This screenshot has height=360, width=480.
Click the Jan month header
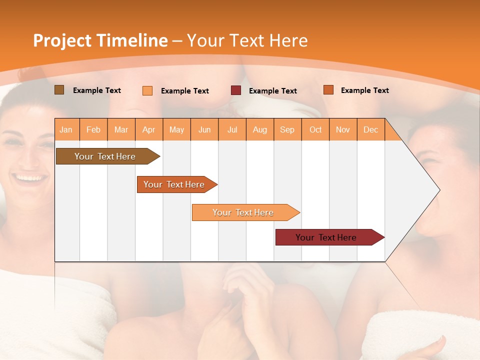point(66,130)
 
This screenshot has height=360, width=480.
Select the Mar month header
point(121,130)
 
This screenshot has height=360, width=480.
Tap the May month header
point(176,130)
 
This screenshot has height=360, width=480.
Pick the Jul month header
point(232,130)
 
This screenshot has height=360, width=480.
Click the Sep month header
point(287,130)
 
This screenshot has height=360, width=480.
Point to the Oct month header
point(315,130)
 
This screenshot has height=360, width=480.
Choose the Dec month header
point(370,130)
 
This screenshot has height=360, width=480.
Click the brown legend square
point(59,90)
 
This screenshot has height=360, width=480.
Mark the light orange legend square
point(147,90)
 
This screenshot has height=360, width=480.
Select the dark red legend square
point(236,90)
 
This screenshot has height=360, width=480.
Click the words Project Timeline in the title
point(100,40)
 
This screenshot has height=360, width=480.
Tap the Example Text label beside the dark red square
point(272,91)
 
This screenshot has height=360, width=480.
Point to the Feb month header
point(93,130)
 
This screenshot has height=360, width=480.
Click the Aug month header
point(259,130)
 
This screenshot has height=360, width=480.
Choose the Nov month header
point(342,130)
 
